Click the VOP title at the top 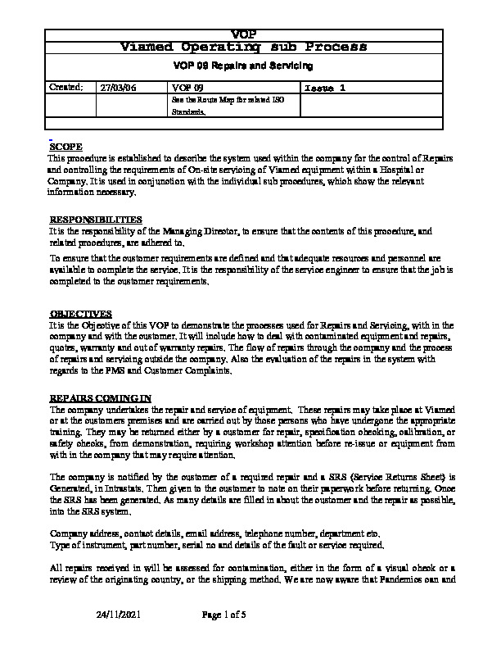(244, 34)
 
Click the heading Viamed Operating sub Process (244, 46)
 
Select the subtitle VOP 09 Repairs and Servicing (244, 66)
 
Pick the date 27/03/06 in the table (117, 87)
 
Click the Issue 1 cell (326, 87)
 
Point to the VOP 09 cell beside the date (187, 87)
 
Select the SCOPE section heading (66, 146)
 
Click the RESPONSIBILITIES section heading (96, 220)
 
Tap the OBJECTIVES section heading (80, 314)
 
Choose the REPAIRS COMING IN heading (101, 397)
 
